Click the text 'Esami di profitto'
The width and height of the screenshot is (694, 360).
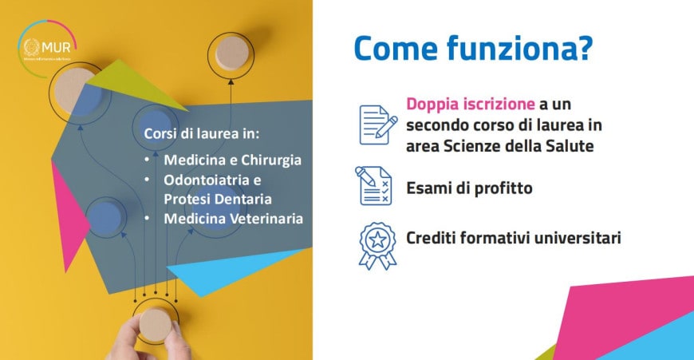point(469,189)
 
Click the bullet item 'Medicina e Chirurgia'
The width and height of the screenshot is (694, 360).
point(233,160)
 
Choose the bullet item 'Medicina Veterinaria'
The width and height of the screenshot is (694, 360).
point(233,218)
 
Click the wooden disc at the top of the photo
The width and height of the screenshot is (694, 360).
point(231,53)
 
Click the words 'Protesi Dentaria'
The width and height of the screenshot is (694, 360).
point(218,198)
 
